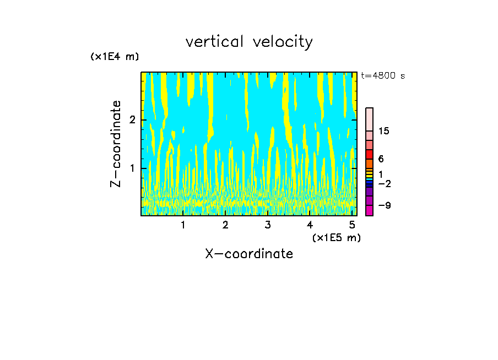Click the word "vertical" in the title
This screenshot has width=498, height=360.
[216, 42]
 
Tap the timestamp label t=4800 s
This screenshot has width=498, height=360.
[383, 76]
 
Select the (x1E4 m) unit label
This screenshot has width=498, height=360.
[115, 57]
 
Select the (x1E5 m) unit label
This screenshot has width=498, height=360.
[336, 237]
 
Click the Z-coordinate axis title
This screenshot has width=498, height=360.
[116, 144]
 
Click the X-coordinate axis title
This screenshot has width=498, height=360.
[249, 254]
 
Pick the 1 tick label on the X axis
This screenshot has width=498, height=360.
[183, 225]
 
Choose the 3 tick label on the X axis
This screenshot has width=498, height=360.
[267, 225]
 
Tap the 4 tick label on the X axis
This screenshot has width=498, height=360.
[310, 225]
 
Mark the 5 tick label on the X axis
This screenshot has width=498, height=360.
[352, 225]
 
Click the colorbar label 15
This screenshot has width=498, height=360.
[383, 131]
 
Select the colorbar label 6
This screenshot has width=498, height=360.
[381, 159]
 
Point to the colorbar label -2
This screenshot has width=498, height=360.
[383, 184]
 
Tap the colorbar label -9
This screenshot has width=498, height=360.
[383, 205]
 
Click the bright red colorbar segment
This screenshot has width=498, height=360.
[369, 154]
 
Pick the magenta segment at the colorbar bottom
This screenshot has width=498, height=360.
[369, 210]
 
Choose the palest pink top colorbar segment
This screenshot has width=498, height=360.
[369, 119]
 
